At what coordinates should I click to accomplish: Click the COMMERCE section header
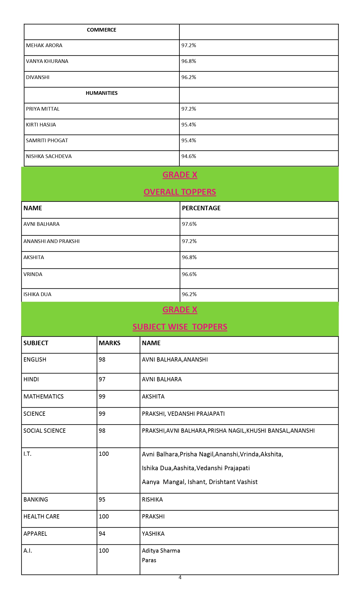pos(101,30)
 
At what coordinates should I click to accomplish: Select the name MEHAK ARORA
pos(44,45)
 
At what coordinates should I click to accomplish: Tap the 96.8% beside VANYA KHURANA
pos(188,61)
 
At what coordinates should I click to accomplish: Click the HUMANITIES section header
pos(102,93)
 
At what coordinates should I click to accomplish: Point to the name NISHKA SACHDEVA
pos(49,156)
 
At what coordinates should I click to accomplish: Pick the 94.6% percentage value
pos(188,156)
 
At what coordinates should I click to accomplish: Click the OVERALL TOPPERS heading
pos(180,192)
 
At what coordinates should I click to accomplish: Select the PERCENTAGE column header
pos(201,208)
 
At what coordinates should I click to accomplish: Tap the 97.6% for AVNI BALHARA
pos(189,224)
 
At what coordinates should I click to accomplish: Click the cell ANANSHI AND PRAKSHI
pos(51,241)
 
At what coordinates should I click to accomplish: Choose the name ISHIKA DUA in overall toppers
pos(37,294)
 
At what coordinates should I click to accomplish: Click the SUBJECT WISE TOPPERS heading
pos(180,327)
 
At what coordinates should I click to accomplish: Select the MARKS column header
pos(109,343)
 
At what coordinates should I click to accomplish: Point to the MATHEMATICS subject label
pos(43,397)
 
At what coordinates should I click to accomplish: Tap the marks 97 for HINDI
pos(102,379)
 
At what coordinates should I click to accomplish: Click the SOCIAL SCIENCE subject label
pos(45,431)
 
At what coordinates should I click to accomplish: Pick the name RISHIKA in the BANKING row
pos(152,500)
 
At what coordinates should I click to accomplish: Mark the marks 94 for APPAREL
pos(102,534)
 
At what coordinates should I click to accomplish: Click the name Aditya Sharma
pos(161,551)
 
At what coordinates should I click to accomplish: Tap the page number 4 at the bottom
pos(180,577)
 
